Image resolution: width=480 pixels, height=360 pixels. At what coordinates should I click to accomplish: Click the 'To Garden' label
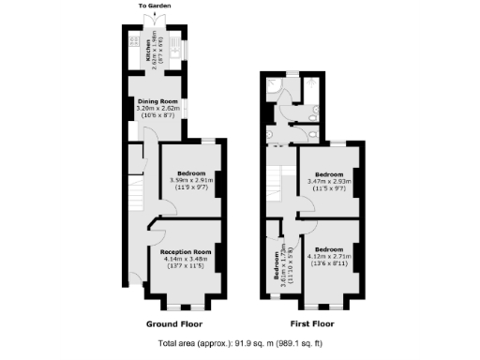(156, 6)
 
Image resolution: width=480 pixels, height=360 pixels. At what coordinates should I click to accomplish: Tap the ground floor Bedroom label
(191, 172)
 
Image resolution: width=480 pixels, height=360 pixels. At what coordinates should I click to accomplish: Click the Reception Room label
(186, 252)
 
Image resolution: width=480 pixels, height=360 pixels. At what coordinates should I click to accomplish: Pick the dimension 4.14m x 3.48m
(186, 260)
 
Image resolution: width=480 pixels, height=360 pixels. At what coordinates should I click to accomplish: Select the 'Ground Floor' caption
(175, 323)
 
